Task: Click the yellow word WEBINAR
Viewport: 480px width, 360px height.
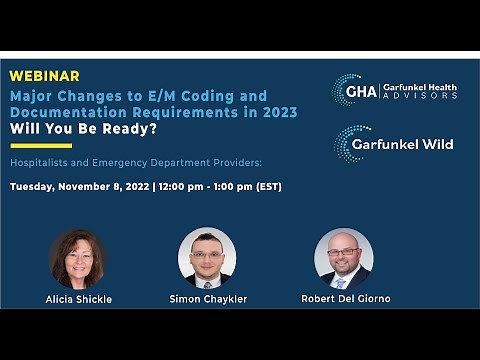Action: tap(46, 76)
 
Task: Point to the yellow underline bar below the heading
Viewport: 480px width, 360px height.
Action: tap(41, 146)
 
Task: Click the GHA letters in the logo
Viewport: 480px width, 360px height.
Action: tap(360, 91)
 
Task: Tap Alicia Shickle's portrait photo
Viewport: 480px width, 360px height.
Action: tap(78, 259)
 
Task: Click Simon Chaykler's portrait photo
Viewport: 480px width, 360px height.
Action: tap(206, 257)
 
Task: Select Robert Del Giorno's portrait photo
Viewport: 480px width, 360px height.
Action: tap(343, 259)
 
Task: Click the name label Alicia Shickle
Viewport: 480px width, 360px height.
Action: tap(78, 299)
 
